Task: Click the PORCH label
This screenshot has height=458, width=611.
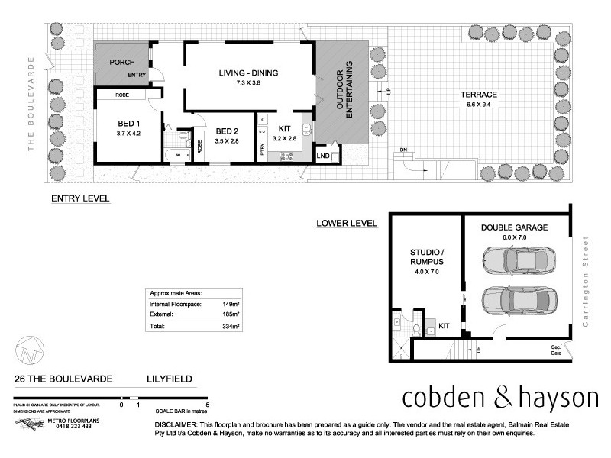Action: coord(122,63)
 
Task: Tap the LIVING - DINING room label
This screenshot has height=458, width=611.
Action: coord(248,73)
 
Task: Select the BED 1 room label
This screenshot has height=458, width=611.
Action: coord(128,124)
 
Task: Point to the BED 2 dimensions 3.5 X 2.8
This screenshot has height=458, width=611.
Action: coord(228,141)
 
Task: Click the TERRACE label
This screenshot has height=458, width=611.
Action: coord(478,95)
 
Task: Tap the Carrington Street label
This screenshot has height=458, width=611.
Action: coord(586,282)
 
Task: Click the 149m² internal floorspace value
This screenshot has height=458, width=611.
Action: coord(229,304)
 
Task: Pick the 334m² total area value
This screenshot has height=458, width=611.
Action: coord(229,326)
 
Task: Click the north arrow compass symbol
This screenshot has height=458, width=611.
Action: coord(27,352)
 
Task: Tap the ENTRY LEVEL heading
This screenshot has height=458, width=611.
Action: coord(80,198)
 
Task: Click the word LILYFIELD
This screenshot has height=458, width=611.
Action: coord(169,378)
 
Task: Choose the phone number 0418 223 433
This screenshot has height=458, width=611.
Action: coord(70,427)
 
